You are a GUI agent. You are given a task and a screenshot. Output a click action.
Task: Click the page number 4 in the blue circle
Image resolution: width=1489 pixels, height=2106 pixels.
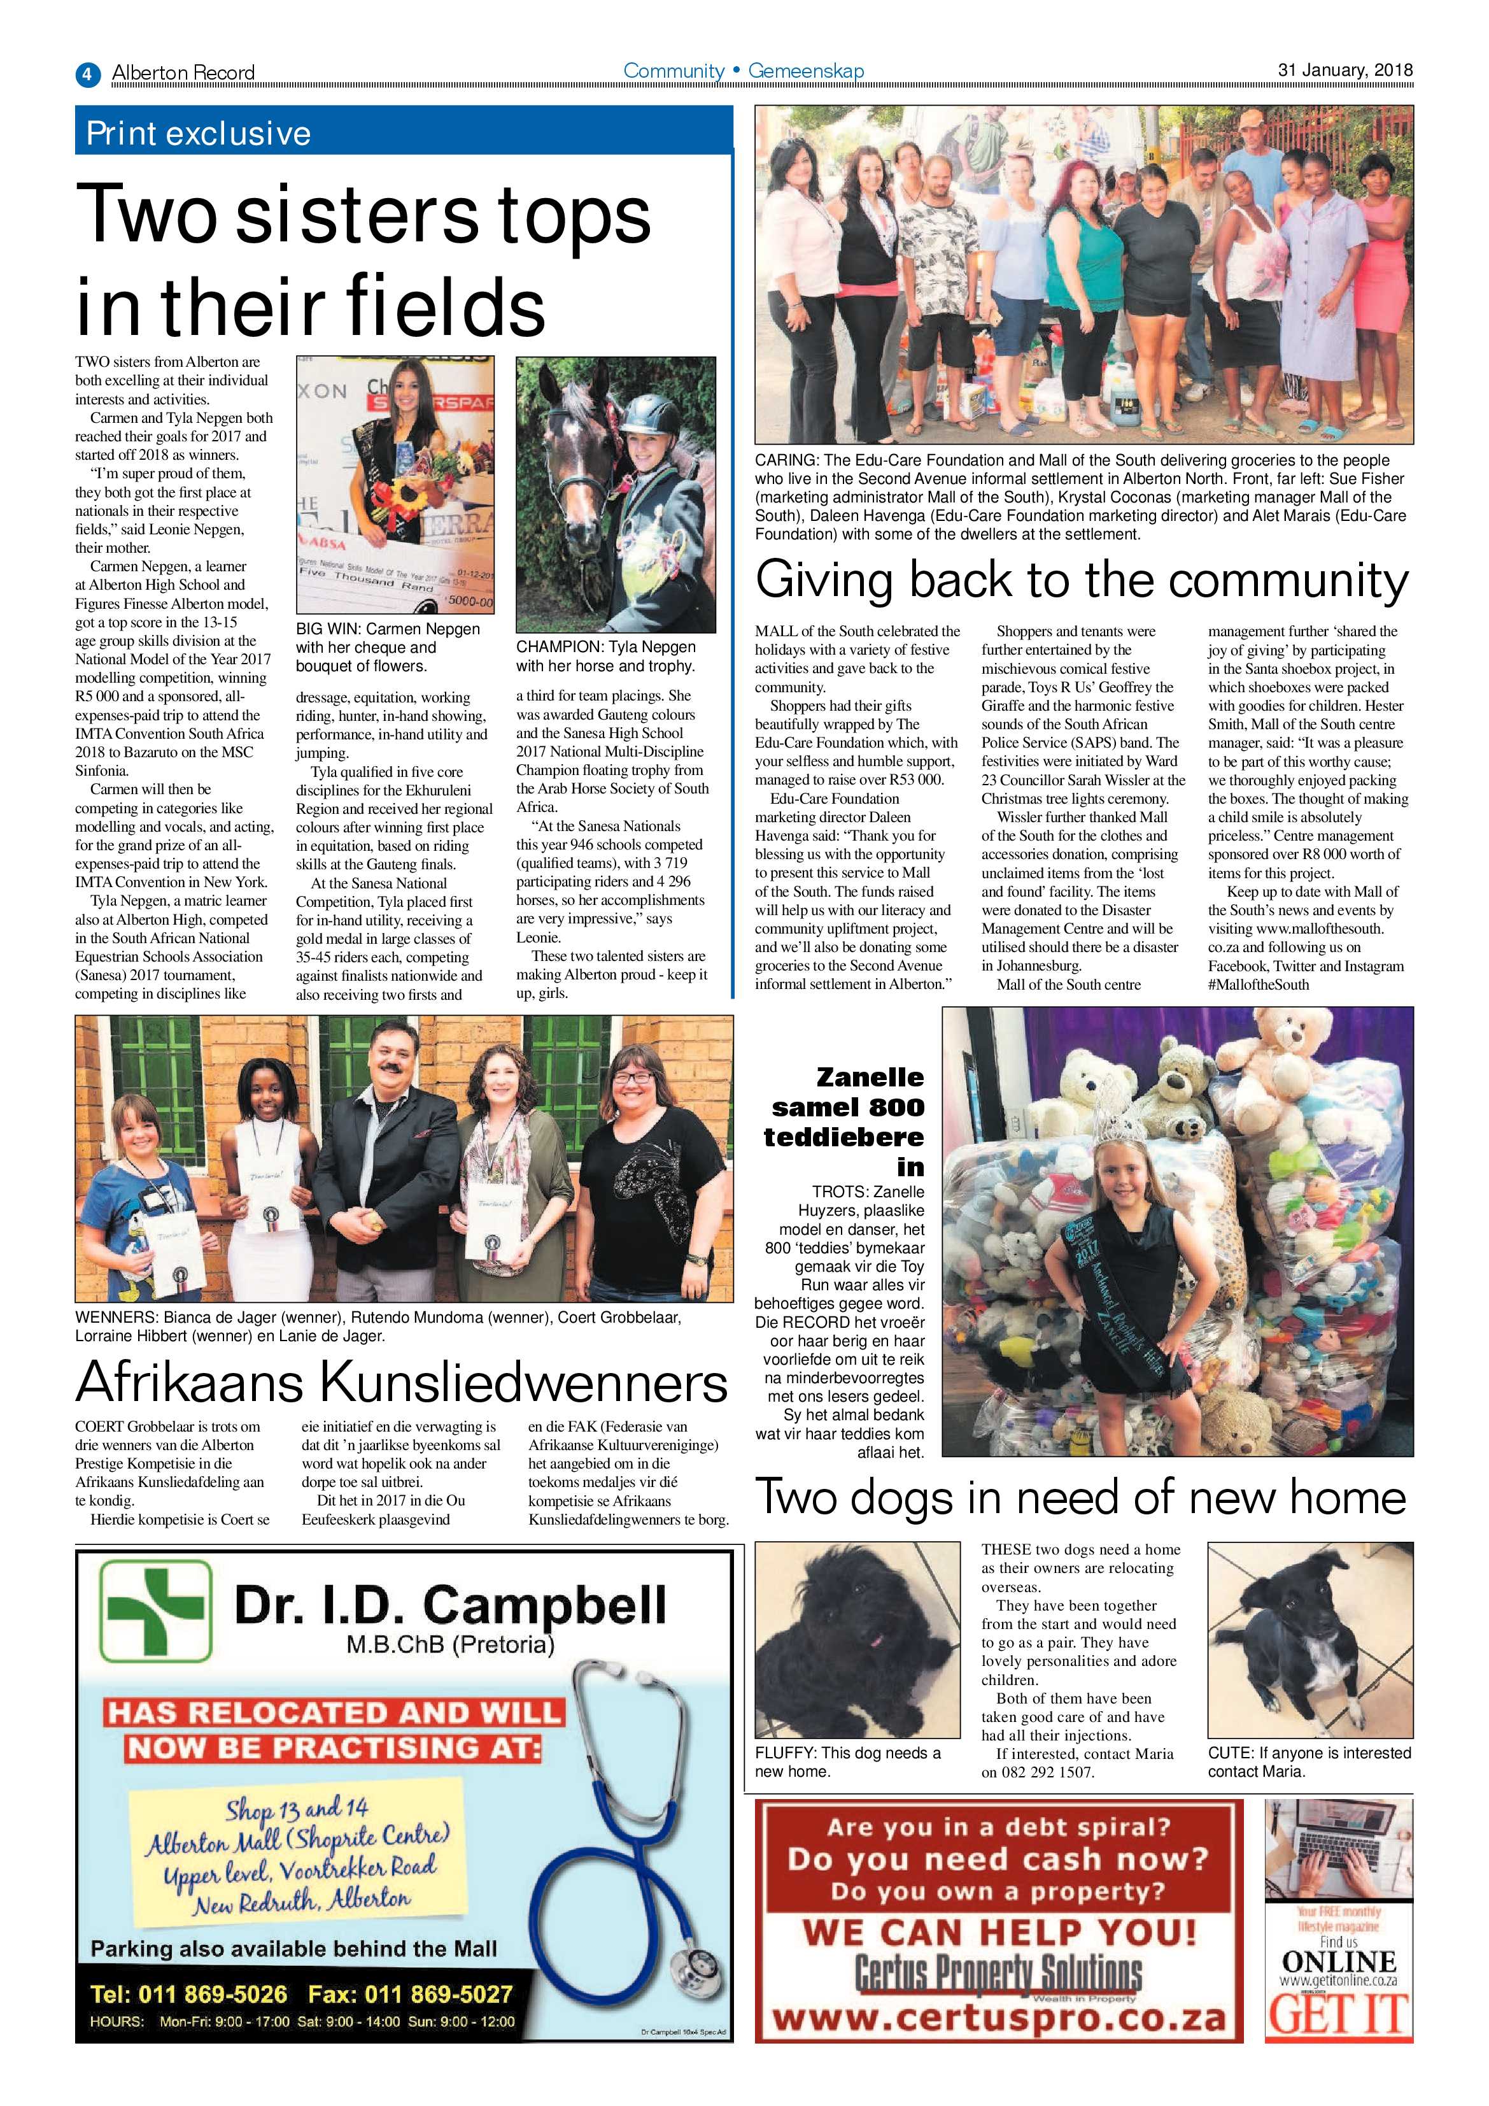[x=87, y=73]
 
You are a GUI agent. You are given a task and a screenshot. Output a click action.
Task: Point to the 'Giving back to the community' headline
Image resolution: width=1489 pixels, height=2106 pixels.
[x=1082, y=581]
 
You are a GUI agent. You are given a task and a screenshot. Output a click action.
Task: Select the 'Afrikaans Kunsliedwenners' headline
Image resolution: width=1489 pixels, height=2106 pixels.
[x=402, y=1383]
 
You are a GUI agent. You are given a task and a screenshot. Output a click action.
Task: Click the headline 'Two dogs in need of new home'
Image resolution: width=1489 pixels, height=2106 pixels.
[x=1080, y=1497]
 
